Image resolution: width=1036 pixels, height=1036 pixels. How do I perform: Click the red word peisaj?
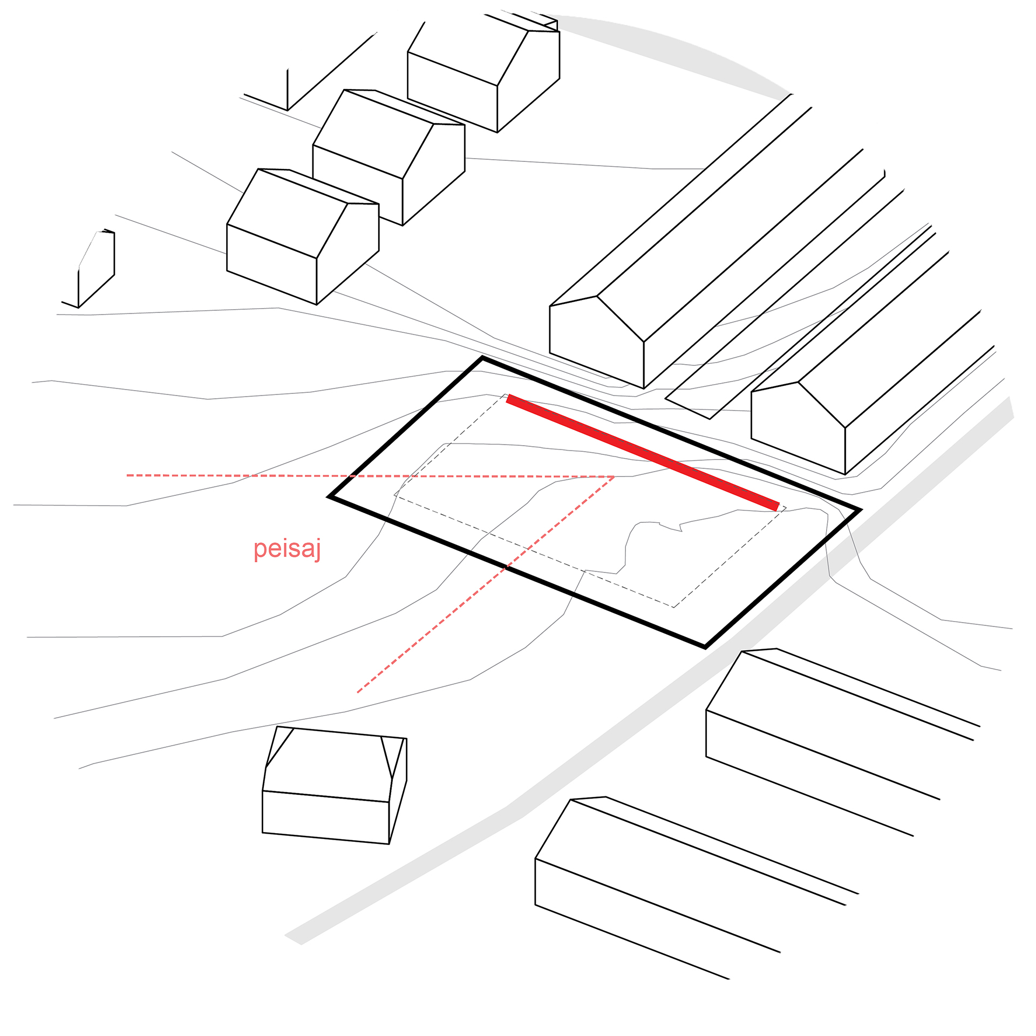287,549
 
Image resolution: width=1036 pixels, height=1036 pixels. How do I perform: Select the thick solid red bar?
642,452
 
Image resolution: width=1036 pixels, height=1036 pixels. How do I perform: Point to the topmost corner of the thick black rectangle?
482,358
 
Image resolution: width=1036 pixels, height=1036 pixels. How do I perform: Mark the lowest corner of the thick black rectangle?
705,646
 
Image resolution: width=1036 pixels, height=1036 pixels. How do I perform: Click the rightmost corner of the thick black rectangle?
858,509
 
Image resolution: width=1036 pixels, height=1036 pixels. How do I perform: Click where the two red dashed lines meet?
614,476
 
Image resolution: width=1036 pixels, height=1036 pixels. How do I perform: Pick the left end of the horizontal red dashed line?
128,475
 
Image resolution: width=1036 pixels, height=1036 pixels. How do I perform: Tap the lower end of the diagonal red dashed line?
358,692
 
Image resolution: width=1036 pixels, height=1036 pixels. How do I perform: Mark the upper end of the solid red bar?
508,398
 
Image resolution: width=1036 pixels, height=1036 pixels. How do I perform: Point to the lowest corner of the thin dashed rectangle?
673,607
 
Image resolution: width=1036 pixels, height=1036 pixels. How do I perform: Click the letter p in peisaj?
260,550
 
